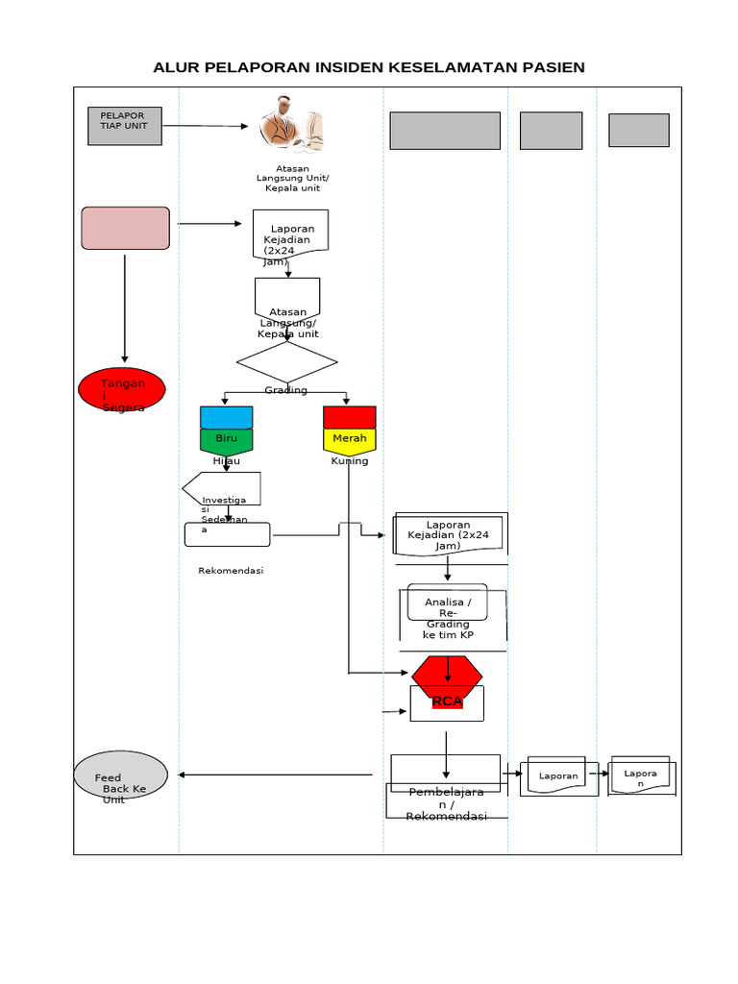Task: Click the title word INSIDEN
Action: pyautogui.click(x=344, y=67)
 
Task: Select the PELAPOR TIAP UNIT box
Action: pyautogui.click(x=125, y=126)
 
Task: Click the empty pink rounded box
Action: pyautogui.click(x=126, y=229)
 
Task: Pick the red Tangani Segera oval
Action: pyautogui.click(x=122, y=390)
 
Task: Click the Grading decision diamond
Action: pyautogui.click(x=286, y=363)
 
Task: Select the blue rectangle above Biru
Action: pyautogui.click(x=227, y=417)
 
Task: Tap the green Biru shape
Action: pyautogui.click(x=227, y=440)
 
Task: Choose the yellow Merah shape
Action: pyautogui.click(x=350, y=440)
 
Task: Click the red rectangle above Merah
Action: pyautogui.click(x=350, y=417)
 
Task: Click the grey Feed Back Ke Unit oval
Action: pyautogui.click(x=121, y=775)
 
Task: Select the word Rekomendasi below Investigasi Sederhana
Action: pyautogui.click(x=231, y=571)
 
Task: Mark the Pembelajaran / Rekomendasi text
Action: pyautogui.click(x=447, y=804)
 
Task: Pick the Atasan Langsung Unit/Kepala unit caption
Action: pyautogui.click(x=292, y=179)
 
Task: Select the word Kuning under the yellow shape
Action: pyautogui.click(x=350, y=461)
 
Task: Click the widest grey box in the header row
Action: pyautogui.click(x=445, y=131)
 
